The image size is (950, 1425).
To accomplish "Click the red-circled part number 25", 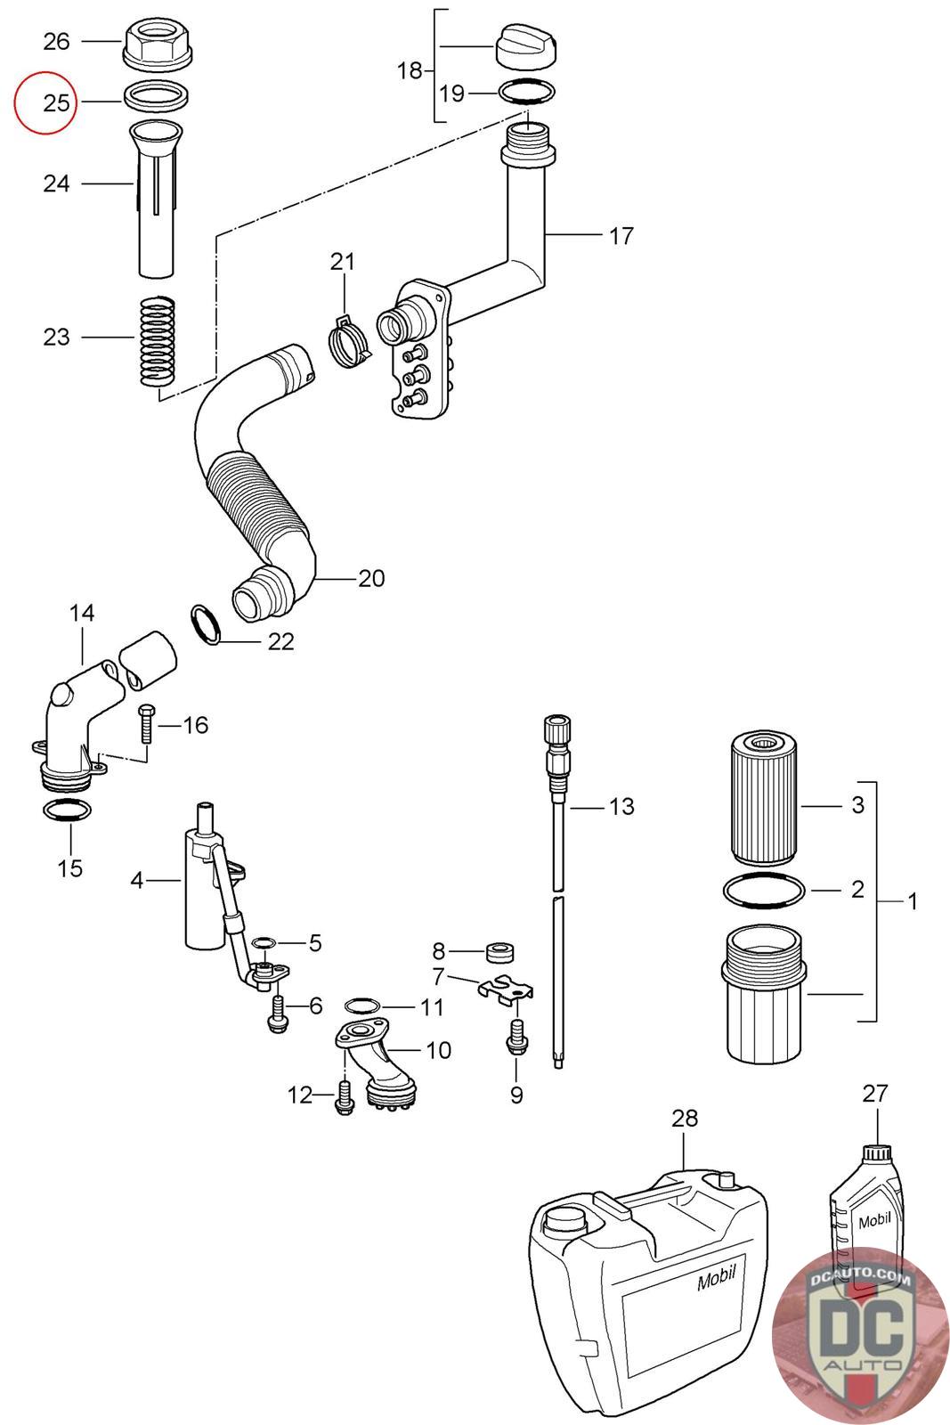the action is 56,102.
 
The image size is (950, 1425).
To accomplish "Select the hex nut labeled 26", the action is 155,44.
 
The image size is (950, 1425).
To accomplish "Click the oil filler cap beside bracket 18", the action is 526,45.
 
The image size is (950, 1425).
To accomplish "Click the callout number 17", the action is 621,235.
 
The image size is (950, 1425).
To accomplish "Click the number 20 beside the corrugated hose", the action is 371,578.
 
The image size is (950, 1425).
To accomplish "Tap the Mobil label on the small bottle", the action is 874,1220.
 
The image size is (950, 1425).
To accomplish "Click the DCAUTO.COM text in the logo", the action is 860,1277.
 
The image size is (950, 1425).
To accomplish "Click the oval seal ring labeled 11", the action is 361,1006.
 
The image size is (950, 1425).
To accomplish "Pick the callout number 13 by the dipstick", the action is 621,806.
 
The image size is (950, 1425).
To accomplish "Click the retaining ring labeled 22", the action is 206,623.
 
